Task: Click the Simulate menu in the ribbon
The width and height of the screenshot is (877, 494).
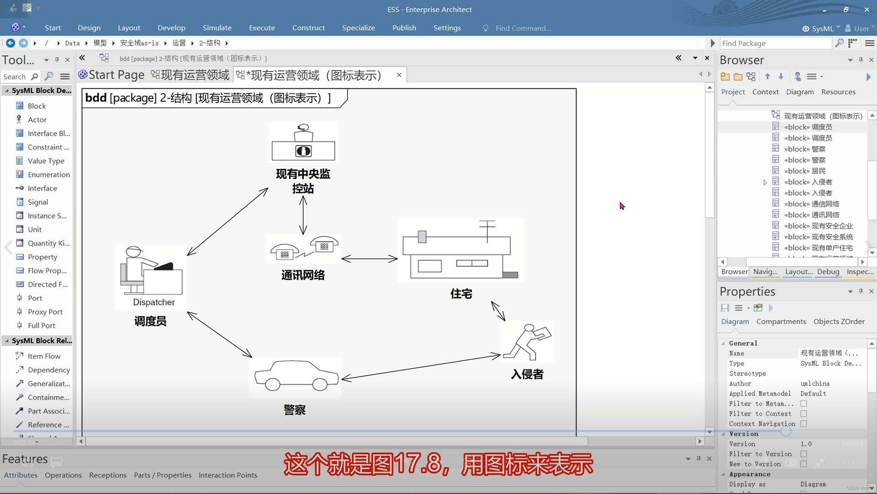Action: coord(217,28)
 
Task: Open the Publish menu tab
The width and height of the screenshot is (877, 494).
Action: coord(404,28)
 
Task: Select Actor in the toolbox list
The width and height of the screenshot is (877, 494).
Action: coord(37,120)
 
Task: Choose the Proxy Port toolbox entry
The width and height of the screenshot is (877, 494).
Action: coord(45,312)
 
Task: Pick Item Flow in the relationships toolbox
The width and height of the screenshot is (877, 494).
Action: coord(44,356)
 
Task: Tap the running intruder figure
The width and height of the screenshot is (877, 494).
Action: coord(528,342)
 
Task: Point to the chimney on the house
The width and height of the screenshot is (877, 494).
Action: coord(422,236)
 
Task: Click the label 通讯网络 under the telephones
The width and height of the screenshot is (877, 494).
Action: coord(303,275)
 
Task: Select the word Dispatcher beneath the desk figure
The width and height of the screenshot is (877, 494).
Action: coord(154,302)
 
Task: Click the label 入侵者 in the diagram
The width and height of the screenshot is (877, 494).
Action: coord(527,374)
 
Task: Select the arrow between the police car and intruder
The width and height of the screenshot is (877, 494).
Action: coord(420,367)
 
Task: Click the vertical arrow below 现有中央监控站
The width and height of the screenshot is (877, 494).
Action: coord(303,215)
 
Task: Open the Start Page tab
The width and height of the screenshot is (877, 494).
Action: coord(111,75)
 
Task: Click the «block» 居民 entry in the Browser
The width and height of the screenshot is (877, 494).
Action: coord(804,171)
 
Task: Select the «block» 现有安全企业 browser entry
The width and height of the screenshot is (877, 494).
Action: coord(818,226)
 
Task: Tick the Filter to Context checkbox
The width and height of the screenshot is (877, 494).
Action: coord(803,414)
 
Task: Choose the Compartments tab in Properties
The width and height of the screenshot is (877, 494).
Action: coord(781,322)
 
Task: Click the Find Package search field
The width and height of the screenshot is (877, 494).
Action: coord(775,43)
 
